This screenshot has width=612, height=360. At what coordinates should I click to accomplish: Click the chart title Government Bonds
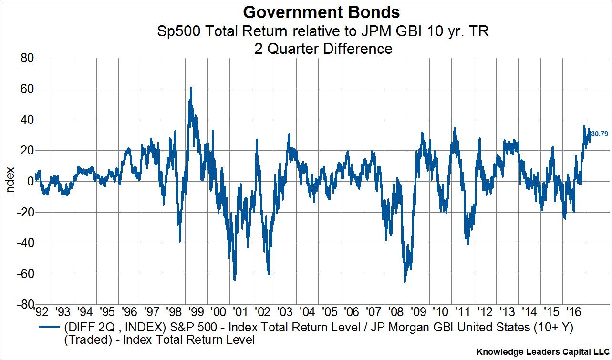pyautogui.click(x=306, y=11)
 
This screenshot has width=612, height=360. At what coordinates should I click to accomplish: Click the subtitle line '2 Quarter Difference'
pyautogui.click(x=306, y=48)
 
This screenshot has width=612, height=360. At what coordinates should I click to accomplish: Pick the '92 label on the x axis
pyautogui.click(x=42, y=312)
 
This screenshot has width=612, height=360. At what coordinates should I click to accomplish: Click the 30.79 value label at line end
pyautogui.click(x=599, y=134)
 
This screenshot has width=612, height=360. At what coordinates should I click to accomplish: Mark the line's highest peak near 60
pyautogui.click(x=191, y=88)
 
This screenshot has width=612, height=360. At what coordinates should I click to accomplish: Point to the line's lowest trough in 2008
pyautogui.click(x=405, y=282)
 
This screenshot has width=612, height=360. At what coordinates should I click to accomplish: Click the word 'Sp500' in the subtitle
pyautogui.click(x=173, y=32)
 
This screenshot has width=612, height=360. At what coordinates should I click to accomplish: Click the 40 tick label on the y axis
pyautogui.click(x=26, y=120)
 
